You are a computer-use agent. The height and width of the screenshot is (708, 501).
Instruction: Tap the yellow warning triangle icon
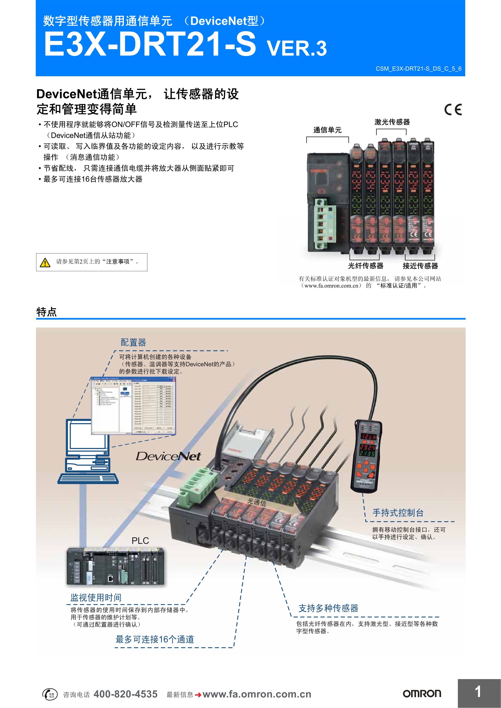(45, 262)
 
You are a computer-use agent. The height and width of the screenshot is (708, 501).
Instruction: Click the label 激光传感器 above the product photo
(392, 122)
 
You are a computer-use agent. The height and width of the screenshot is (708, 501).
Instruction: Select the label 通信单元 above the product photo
(327, 130)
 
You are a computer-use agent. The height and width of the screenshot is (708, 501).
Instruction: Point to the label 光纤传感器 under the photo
(366, 266)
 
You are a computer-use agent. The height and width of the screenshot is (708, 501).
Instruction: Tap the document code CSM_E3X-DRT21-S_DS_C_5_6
(418, 69)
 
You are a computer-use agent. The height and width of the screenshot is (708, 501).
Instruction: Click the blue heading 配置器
(133, 342)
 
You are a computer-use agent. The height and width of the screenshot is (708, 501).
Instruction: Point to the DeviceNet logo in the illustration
(168, 456)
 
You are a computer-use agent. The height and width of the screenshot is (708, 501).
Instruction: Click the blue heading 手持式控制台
(398, 513)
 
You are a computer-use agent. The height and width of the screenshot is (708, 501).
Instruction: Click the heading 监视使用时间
(96, 598)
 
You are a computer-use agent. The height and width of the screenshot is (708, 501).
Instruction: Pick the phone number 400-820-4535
(125, 694)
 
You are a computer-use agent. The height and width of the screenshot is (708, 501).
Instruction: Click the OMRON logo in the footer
(422, 694)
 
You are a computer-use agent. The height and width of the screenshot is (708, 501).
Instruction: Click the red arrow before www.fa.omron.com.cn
(198, 695)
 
